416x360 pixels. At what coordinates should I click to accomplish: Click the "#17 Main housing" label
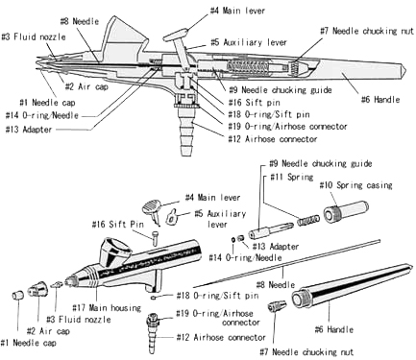click(107, 308)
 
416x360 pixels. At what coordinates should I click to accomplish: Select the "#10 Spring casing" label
click(355, 185)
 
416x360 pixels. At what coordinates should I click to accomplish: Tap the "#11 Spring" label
click(291, 177)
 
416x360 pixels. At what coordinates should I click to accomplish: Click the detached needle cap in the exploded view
click(18, 295)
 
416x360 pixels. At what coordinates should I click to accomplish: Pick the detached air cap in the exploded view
click(37, 289)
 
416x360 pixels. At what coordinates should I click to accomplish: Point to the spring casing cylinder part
click(346, 211)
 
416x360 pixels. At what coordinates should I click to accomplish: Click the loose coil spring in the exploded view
click(308, 220)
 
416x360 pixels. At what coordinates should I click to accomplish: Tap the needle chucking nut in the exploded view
click(277, 305)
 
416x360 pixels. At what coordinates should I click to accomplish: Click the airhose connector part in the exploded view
click(153, 332)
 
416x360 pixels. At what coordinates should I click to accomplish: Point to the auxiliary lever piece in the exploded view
click(171, 216)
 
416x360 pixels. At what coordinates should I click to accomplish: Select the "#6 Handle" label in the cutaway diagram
click(380, 100)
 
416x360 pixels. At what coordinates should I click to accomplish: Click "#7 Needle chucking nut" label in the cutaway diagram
click(367, 31)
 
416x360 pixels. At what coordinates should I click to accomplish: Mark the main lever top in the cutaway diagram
click(175, 35)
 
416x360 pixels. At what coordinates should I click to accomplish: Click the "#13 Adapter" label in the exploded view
click(276, 247)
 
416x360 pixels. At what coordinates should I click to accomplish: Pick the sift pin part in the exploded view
click(155, 238)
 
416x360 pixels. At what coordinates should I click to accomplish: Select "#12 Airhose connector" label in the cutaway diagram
click(273, 139)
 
